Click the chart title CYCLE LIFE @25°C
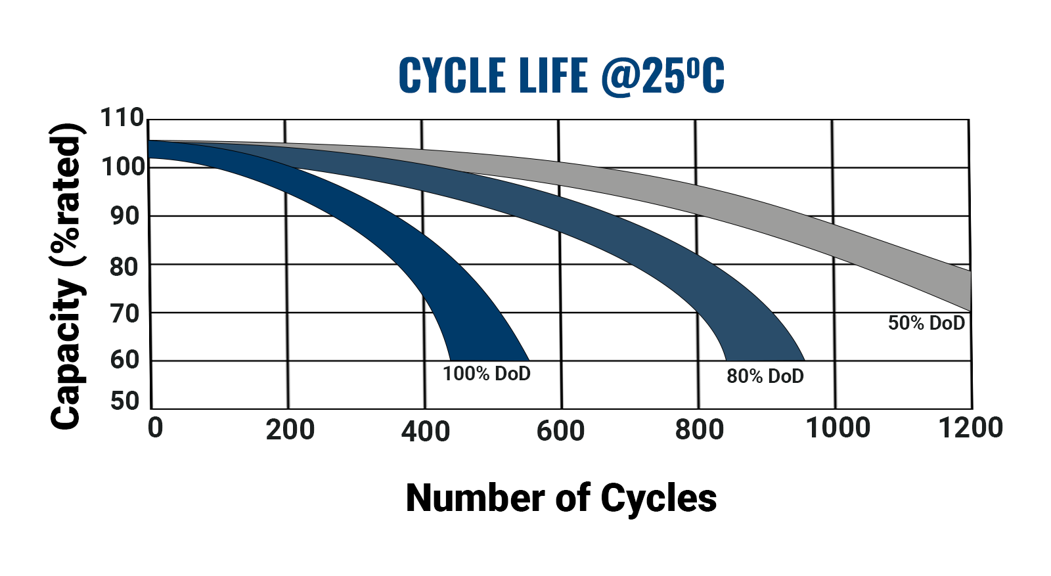click(562, 76)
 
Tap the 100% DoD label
click(486, 374)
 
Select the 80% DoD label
click(765, 376)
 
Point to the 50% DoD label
click(926, 323)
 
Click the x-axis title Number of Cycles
click(561, 498)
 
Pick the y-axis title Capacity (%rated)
click(66, 276)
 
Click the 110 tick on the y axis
click(122, 118)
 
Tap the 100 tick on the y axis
click(122, 167)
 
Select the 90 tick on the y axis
click(125, 215)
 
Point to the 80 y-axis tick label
click(125, 267)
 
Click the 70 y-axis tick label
click(125, 314)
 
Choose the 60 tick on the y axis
click(125, 360)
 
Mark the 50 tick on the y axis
click(125, 401)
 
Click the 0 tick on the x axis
click(155, 428)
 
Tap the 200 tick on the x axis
click(290, 430)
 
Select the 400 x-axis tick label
click(426, 432)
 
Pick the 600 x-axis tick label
click(560, 431)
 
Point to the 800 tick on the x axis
click(700, 430)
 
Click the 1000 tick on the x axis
click(838, 428)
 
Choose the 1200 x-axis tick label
click(971, 428)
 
